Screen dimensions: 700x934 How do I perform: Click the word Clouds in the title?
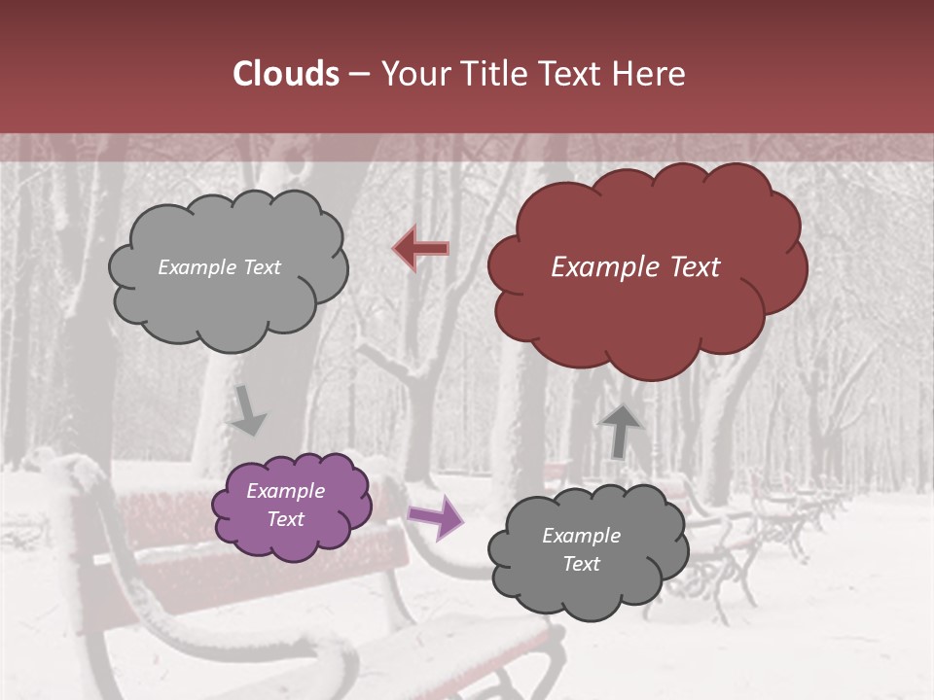click(286, 74)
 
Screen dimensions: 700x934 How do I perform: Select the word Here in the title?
click(651, 74)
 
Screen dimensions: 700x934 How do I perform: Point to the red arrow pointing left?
click(420, 249)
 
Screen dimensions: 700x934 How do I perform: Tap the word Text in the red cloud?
click(695, 267)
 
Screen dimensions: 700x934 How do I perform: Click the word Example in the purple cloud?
click(285, 491)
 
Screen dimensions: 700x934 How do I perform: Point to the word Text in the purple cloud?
click(285, 519)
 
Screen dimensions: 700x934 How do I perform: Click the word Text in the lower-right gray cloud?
click(581, 564)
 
